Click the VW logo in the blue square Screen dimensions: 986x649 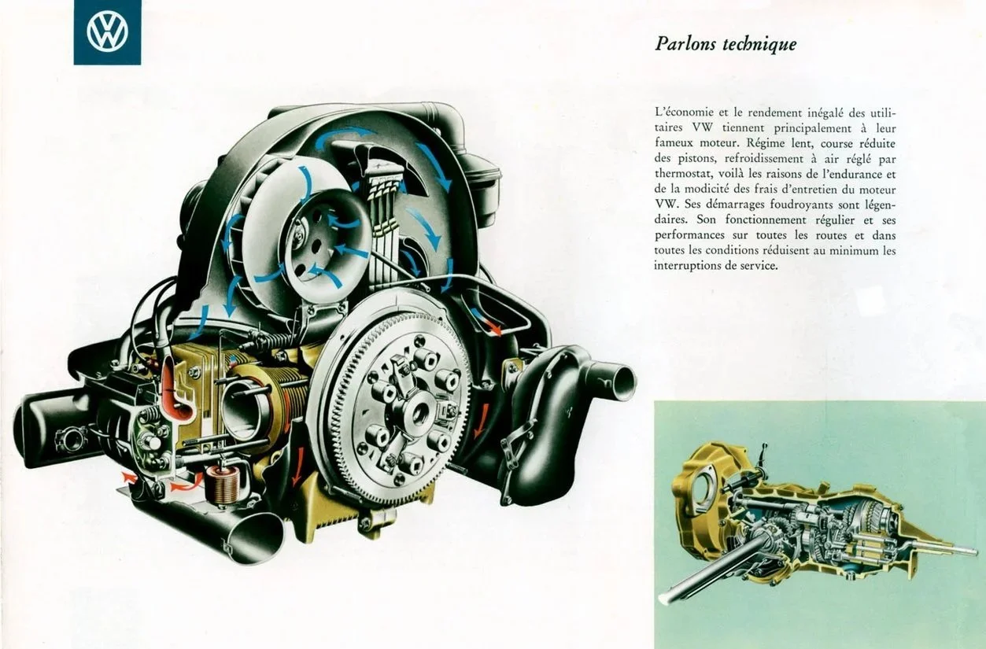(x=107, y=31)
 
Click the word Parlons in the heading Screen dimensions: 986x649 (x=684, y=44)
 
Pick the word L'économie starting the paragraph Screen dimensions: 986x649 (x=681, y=112)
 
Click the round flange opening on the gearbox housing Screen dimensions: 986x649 (x=707, y=483)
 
